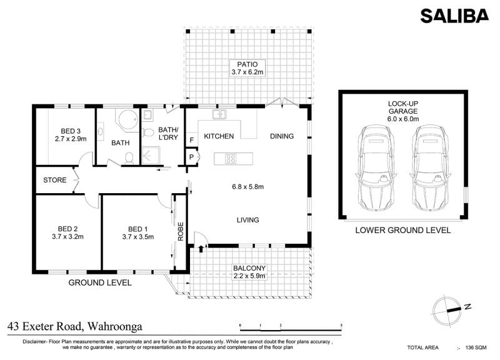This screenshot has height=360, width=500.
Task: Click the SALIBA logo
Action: click(x=454, y=16)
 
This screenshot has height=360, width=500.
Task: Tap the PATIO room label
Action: click(x=247, y=64)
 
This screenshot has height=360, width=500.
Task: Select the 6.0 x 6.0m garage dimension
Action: click(x=403, y=119)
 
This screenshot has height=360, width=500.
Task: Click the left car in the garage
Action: click(x=376, y=167)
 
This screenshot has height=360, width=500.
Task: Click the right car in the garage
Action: click(x=430, y=167)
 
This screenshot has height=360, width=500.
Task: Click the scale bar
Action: click(x=291, y=328)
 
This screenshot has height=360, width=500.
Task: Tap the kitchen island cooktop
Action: click(x=231, y=159)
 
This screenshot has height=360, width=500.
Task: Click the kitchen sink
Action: click(x=219, y=114)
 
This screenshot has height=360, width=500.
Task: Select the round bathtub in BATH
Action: click(x=129, y=120)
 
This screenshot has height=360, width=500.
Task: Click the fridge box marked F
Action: click(x=192, y=139)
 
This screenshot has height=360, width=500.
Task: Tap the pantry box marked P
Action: click(x=192, y=157)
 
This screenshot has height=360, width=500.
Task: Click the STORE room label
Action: click(x=55, y=180)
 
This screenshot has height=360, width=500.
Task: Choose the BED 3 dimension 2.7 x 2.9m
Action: click(x=71, y=139)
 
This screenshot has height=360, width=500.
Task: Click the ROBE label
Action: click(x=181, y=231)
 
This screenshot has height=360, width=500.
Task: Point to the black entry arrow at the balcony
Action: click(x=201, y=249)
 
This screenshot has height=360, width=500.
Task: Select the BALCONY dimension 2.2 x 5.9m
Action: click(x=249, y=276)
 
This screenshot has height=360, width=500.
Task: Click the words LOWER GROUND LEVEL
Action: click(x=403, y=230)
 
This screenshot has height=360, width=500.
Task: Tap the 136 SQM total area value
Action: click(x=476, y=347)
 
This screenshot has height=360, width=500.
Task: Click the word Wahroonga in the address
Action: click(x=115, y=326)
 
